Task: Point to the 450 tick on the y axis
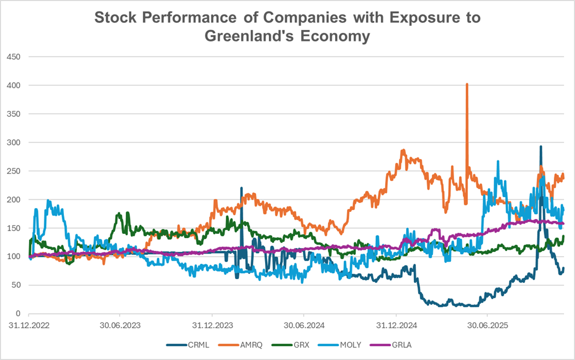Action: pos(14,57)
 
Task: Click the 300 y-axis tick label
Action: pos(14,143)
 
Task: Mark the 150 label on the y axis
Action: pos(14,228)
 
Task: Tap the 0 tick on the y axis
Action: pos(18,314)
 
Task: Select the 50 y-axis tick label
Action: pos(16,285)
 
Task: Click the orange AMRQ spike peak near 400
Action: pos(467,85)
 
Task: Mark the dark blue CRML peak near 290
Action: pos(541,146)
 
